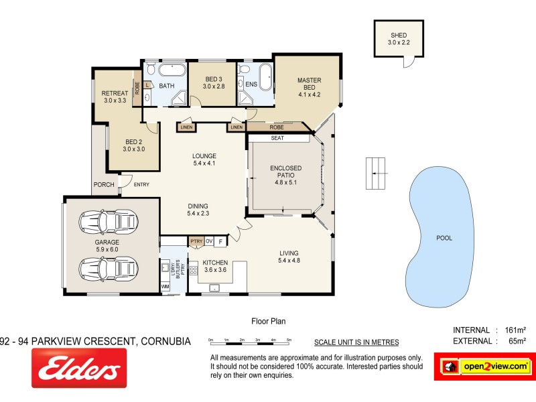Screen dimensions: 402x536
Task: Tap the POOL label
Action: (444, 237)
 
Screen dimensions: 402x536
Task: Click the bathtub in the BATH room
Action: (172, 70)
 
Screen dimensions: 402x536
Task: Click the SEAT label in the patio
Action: (277, 138)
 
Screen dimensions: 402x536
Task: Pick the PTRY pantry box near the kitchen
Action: (196, 241)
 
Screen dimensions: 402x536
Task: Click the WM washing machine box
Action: (165, 286)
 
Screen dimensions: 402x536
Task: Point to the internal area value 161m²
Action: (511, 330)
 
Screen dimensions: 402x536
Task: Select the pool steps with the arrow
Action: (377, 173)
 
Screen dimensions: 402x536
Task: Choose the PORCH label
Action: (104, 184)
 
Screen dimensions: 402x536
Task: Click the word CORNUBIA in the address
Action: (165, 341)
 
